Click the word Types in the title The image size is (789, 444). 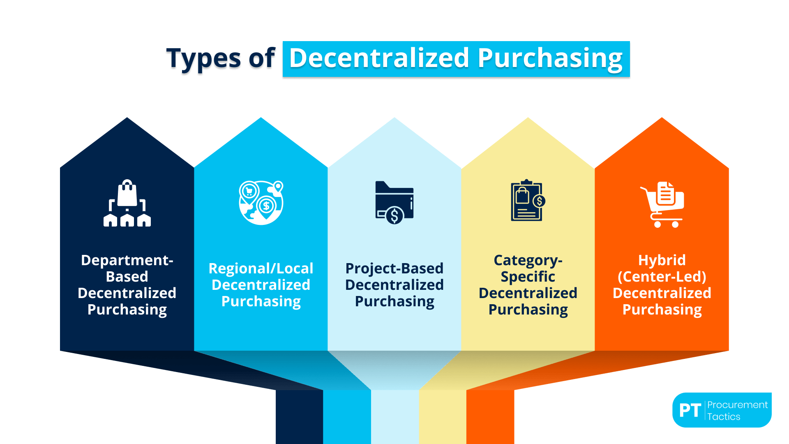click(203, 58)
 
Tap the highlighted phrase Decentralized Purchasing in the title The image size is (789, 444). click(456, 58)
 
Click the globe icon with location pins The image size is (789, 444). click(261, 202)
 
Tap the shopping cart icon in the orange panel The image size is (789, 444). click(662, 204)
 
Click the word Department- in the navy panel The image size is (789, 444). click(127, 260)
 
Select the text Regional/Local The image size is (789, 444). click(261, 268)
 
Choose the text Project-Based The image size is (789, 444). click(394, 268)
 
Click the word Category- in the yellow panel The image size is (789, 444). click(528, 260)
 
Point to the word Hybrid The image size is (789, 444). click(662, 260)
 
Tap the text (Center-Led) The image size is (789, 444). click(662, 277)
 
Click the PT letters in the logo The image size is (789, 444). click(690, 410)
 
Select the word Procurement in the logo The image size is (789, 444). click(737, 405)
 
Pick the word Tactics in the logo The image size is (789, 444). click(724, 417)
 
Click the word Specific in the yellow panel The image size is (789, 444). click(528, 277)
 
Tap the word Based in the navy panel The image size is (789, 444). click(127, 277)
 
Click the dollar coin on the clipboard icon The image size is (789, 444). click(539, 201)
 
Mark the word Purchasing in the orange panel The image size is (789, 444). click(662, 310)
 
